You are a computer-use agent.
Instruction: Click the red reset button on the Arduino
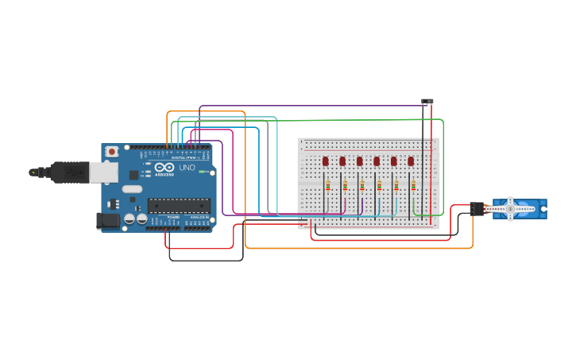pos(112,151)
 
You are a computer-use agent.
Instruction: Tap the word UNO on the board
pos(187,168)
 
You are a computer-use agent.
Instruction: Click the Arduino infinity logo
pos(164,168)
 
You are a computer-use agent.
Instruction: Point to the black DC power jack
pos(106,220)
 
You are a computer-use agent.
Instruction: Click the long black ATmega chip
pos(179,206)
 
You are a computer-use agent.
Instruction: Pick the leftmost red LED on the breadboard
pos(326,161)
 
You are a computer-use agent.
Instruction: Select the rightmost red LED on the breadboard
pos(411,161)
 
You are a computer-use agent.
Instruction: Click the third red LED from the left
pos(360,161)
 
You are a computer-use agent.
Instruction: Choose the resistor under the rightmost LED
pos(413,186)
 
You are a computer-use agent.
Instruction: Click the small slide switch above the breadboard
pos(427,102)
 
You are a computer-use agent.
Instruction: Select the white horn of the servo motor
pos(509,208)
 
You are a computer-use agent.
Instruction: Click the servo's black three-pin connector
pos(477,208)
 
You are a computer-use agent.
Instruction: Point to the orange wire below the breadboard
pos(358,248)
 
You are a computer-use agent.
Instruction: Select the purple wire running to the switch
pos(310,106)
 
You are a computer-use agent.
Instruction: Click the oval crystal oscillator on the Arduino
pos(132,189)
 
